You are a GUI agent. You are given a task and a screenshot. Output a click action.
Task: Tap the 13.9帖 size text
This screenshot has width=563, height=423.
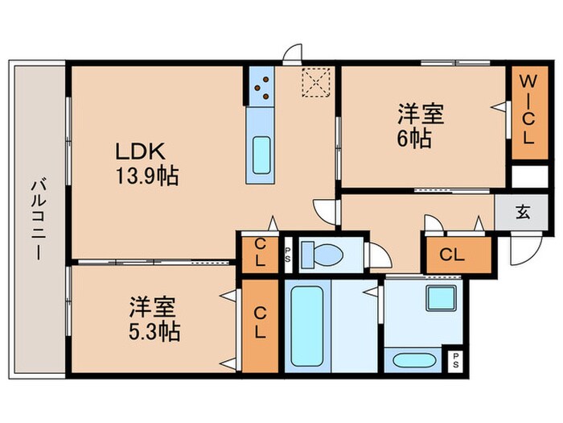click(147, 174)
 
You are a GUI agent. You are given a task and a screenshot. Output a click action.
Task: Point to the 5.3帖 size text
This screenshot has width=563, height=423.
click(154, 330)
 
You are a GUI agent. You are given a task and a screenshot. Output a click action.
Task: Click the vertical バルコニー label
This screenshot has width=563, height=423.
click(37, 218)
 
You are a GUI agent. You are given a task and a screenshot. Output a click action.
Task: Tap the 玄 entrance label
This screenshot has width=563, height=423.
click(523, 214)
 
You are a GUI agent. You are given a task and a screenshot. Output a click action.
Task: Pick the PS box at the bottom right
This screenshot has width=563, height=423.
click(456, 359)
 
